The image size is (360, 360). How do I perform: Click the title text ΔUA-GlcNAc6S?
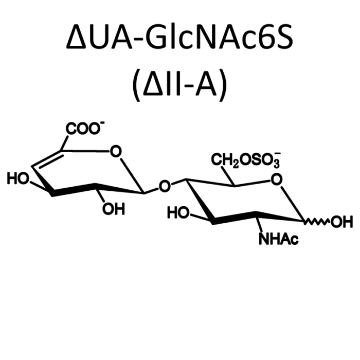[179, 37]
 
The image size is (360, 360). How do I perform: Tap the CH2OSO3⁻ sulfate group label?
[246, 160]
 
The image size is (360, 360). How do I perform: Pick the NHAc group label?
[279, 239]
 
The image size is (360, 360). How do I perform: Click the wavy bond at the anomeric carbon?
[317, 222]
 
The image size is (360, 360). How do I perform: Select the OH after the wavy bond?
[341, 222]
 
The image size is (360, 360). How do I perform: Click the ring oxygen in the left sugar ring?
[116, 151]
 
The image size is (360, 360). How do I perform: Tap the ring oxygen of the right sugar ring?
[277, 179]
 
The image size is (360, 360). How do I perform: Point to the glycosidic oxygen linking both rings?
[165, 186]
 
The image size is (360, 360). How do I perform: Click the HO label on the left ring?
[18, 178]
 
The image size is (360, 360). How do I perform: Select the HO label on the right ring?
[178, 212]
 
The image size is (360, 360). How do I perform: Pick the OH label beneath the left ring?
[114, 209]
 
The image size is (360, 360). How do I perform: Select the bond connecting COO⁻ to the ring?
[64, 143]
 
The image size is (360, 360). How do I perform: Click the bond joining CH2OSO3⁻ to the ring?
[228, 176]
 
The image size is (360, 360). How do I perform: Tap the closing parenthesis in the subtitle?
[223, 85]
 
